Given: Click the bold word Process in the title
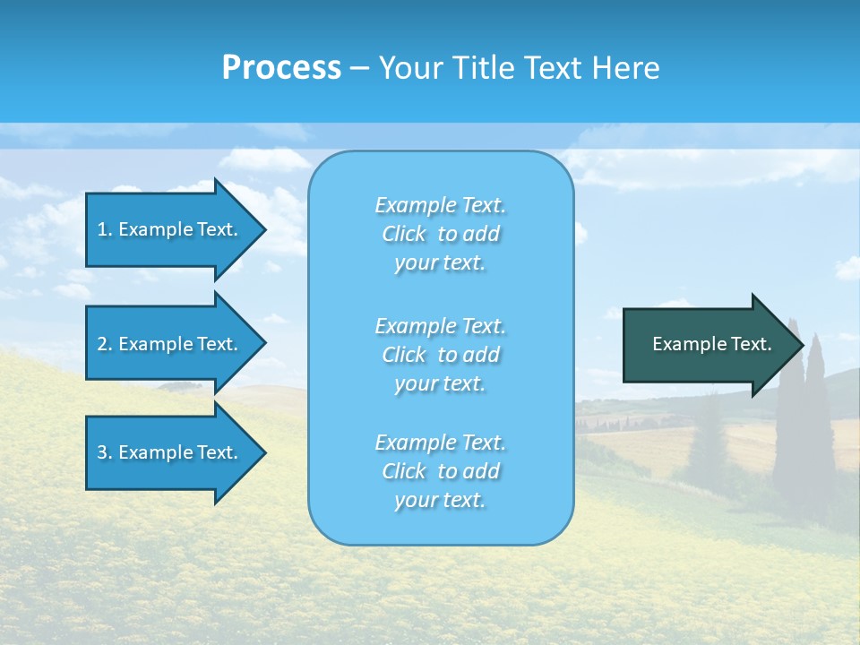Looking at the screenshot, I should click(281, 68).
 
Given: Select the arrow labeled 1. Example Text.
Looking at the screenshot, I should click(170, 229).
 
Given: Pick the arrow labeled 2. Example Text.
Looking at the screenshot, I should click(170, 344).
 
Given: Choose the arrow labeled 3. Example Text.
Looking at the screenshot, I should click(170, 452).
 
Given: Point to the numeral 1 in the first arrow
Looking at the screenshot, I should click(102, 229).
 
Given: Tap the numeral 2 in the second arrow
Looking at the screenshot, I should click(102, 344).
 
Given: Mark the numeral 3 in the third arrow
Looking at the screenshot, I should click(102, 452).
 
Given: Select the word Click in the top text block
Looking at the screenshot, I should click(404, 235).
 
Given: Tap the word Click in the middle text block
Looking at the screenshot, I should click(404, 355).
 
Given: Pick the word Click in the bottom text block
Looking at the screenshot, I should click(404, 471).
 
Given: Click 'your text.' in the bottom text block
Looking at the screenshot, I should click(440, 500).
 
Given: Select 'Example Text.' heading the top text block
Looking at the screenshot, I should click(440, 205).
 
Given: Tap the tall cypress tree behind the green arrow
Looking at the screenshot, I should click(815, 421).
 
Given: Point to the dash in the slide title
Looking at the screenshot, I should click(359, 69).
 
